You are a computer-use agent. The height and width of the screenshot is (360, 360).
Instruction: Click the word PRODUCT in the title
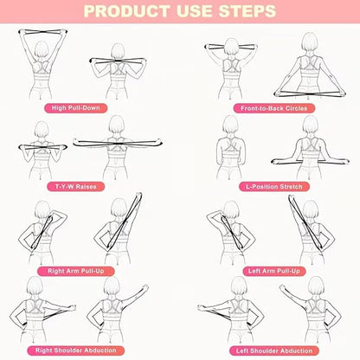point(130,12)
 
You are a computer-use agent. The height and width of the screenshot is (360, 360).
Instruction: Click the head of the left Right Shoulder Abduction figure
point(37,288)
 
